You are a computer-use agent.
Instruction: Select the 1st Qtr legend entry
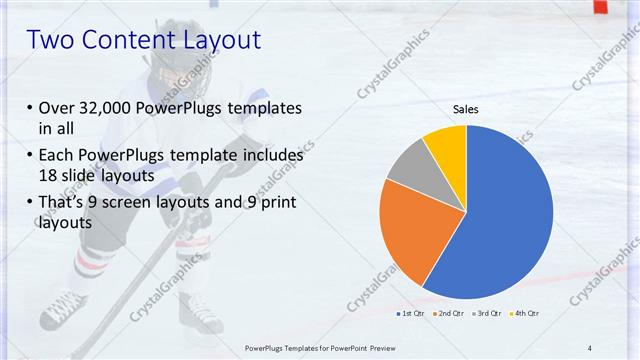click(x=411, y=314)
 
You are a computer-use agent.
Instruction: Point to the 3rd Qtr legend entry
click(x=488, y=314)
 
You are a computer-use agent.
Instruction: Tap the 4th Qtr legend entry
click(x=526, y=314)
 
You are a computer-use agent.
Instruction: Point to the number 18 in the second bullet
click(x=49, y=174)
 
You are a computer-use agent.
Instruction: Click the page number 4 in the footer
click(x=590, y=347)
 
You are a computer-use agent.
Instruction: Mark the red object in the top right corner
click(x=600, y=6)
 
